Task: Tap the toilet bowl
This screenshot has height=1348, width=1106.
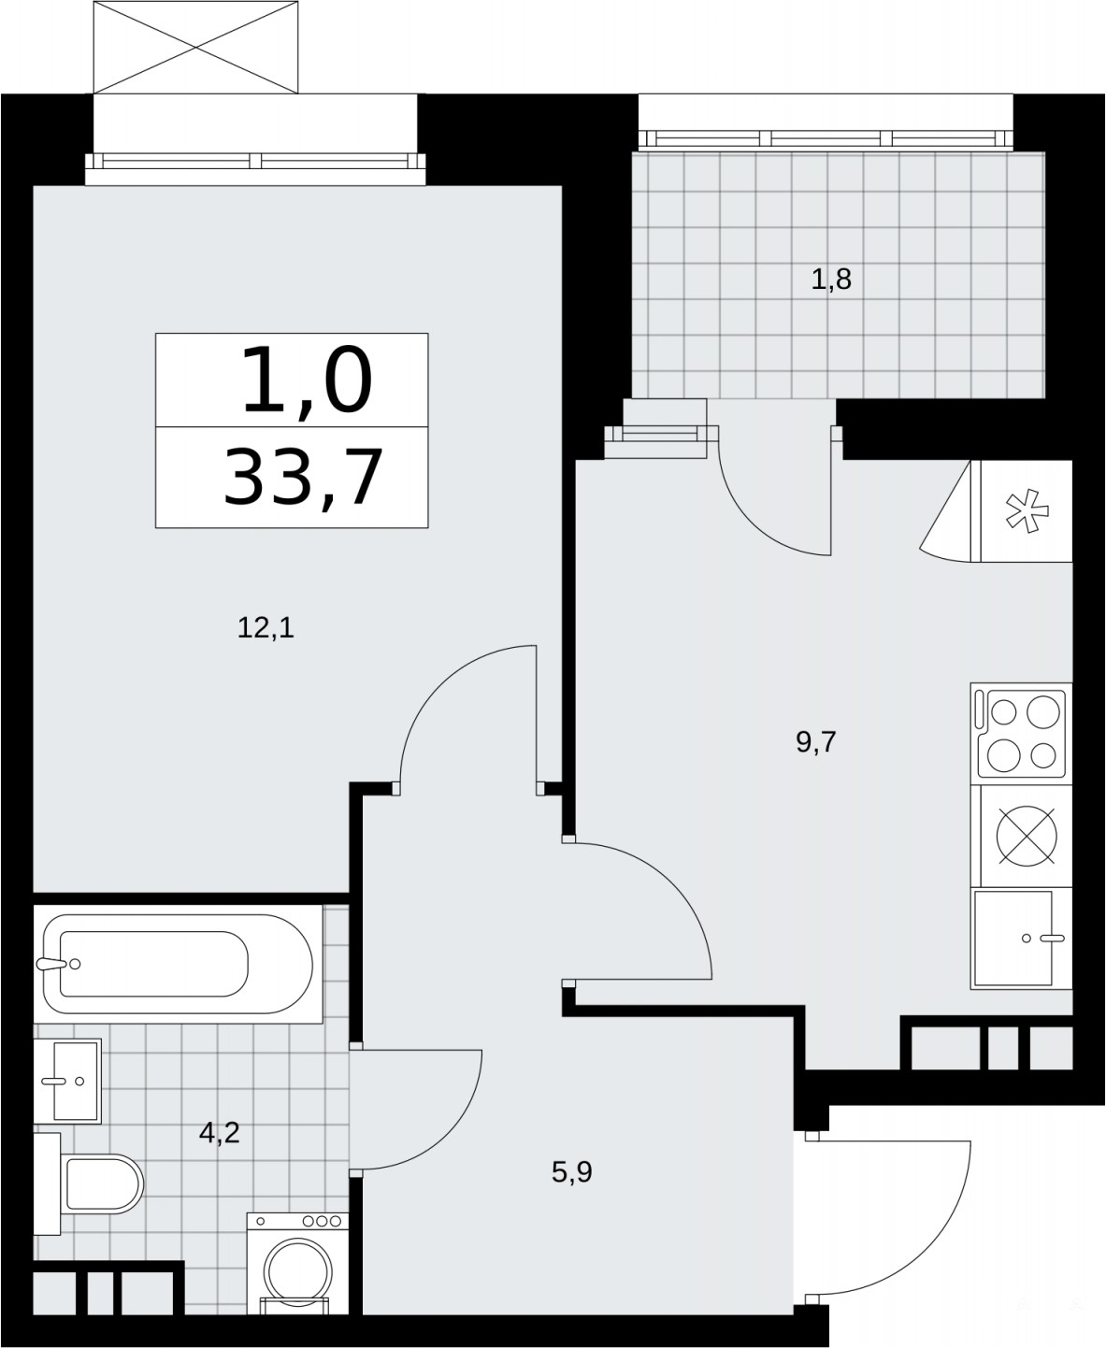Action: pyautogui.click(x=104, y=1183)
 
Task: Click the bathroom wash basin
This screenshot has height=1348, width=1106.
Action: pyautogui.click(x=67, y=1082)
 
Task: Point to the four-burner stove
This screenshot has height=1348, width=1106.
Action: pyautogui.click(x=1020, y=734)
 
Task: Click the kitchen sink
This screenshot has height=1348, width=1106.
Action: pyautogui.click(x=1013, y=939)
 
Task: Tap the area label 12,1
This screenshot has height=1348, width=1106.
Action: pyautogui.click(x=266, y=628)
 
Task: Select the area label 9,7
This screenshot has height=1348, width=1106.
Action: pyautogui.click(x=816, y=743)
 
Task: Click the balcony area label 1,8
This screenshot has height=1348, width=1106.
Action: pyautogui.click(x=831, y=280)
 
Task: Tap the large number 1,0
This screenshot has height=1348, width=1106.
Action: pyautogui.click(x=307, y=380)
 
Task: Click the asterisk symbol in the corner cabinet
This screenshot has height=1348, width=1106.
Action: pyautogui.click(x=1027, y=510)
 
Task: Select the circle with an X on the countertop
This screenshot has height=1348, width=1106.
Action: pyautogui.click(x=1027, y=836)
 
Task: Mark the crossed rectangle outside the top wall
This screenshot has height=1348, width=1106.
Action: pyautogui.click(x=195, y=47)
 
